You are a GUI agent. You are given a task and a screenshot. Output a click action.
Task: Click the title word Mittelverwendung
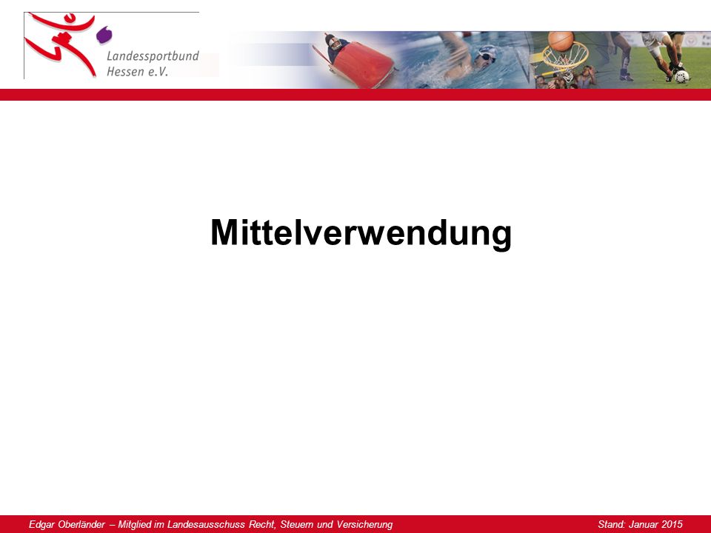tap(361, 234)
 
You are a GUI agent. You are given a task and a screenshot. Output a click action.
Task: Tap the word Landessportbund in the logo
tap(153, 56)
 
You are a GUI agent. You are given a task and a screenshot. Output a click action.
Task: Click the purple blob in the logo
tap(104, 35)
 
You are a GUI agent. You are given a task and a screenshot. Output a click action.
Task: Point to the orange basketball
tap(561, 41)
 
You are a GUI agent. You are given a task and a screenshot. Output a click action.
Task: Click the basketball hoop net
tap(565, 61)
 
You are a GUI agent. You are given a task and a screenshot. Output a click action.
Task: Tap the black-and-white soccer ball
tap(681, 76)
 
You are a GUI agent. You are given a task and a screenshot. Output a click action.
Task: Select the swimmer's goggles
tap(486, 56)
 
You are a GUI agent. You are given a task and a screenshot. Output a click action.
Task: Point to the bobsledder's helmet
tap(334, 41)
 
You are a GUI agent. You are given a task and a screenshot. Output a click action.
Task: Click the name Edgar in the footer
tap(42, 525)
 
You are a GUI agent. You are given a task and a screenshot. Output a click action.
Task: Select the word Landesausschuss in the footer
tap(206, 524)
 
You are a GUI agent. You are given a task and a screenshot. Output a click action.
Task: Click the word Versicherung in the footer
tap(364, 525)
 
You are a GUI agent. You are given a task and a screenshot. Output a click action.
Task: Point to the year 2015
tap(671, 524)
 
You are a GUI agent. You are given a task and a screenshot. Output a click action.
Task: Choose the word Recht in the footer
tap(262, 524)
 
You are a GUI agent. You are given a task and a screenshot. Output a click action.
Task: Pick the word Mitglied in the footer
tap(135, 525)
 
